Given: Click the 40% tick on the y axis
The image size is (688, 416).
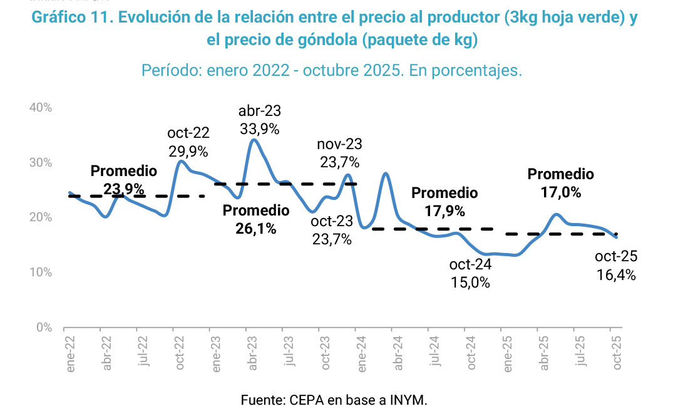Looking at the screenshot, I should [40, 108].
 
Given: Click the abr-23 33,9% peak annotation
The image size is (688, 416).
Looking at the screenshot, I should [259, 120].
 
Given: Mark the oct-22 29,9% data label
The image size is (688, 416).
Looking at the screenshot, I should [188, 142].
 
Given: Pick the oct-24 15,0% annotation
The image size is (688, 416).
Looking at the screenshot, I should [470, 273].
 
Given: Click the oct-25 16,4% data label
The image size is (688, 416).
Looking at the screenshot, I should [616, 265].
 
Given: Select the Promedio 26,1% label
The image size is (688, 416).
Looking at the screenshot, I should [256, 220].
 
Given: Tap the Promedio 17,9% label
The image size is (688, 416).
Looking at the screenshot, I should [444, 202].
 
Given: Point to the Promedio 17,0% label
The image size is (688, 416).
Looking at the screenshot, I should [561, 184].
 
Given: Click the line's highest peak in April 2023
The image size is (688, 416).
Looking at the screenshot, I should [252, 140].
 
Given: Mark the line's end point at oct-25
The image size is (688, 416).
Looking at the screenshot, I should [617, 237].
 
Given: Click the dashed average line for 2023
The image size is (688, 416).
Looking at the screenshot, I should [285, 184].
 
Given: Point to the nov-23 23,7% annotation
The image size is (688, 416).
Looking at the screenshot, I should [339, 153].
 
